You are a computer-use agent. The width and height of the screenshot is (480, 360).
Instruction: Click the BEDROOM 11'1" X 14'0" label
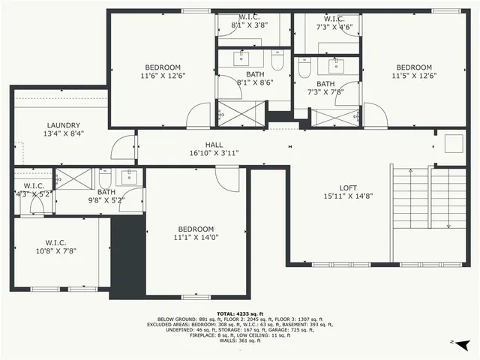point(196,233)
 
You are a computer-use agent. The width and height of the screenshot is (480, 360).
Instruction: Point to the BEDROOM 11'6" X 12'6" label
point(162,71)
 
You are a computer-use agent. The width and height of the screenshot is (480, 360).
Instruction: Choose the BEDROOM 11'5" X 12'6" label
point(413,71)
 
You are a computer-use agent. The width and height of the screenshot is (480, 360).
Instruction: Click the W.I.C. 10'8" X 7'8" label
point(56,246)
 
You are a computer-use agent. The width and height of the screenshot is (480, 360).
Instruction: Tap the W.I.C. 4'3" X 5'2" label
point(34,190)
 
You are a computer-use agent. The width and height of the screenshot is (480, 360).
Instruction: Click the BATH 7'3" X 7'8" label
point(325,88)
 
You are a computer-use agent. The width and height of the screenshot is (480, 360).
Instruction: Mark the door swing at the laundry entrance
point(121,148)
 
